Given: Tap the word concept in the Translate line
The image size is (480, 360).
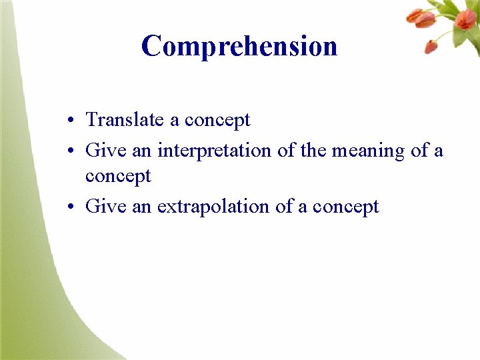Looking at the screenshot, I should tap(217, 120).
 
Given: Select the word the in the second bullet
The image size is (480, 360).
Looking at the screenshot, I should tap(313, 151).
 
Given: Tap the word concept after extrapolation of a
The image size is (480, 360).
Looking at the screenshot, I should tap(345, 207).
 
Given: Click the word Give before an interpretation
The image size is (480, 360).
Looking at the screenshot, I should tap(106, 151).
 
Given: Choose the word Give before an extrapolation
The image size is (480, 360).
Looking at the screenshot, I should tap(106, 207).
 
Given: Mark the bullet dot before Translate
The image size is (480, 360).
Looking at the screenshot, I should tap(70, 121).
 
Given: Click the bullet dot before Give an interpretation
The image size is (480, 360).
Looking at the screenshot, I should tap(70, 152).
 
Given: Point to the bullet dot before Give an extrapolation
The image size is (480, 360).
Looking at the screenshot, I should tap(70, 208).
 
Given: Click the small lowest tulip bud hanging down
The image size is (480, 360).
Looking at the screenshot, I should tap(431, 47).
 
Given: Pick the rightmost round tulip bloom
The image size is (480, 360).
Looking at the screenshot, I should tap(466, 18).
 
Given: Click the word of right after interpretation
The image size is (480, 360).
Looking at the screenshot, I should tap(286, 151).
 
